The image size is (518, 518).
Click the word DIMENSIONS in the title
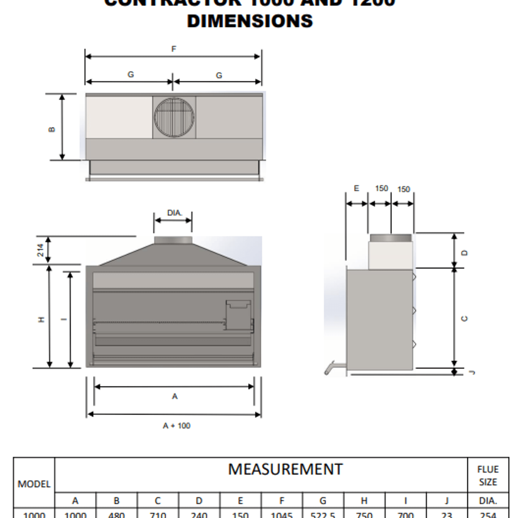250,21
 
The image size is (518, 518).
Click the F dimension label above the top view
174,49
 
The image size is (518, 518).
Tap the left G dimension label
131,74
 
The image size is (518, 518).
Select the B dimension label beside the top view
52,129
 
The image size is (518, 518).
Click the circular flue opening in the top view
174,117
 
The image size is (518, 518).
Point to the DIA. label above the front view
175,213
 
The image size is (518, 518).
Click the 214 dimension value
40,250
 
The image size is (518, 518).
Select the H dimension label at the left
41,319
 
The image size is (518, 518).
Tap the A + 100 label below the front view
176,426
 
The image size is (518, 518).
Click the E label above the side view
356,188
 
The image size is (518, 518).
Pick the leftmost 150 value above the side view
381,188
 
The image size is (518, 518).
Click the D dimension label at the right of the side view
465,253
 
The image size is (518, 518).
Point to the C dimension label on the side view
465,318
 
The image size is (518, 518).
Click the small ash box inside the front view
238,314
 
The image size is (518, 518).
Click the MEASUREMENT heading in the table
285,469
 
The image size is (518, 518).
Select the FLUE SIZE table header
488,475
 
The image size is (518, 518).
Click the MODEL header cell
34,484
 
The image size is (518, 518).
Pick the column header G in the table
323,500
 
